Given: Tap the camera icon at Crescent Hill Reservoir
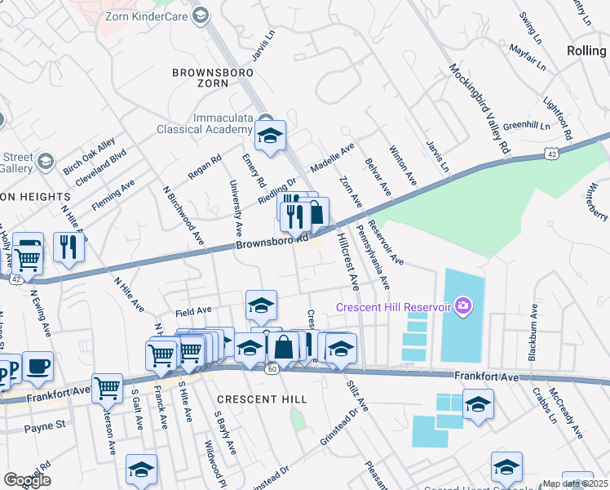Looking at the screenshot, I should (x=463, y=307).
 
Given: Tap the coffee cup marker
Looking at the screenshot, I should (x=38, y=366).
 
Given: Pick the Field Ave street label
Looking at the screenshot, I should (x=193, y=311).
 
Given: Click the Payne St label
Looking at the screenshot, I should (x=44, y=426).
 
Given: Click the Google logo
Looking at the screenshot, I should (x=27, y=479).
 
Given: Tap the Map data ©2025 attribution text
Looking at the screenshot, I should (x=575, y=483).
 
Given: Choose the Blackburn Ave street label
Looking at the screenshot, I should (x=532, y=333).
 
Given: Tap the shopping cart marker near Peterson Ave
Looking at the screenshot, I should (x=107, y=389).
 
